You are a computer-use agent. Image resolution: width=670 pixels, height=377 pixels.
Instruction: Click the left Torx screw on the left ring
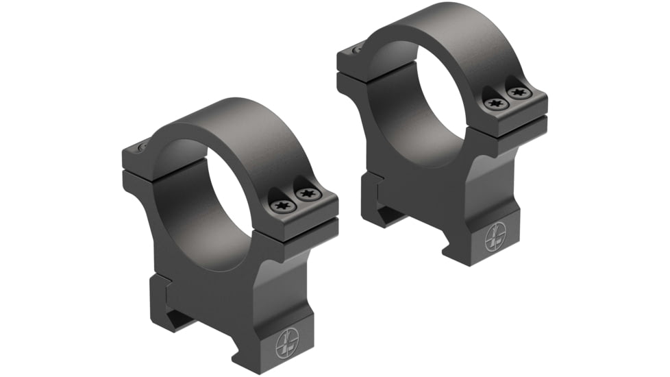281,204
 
